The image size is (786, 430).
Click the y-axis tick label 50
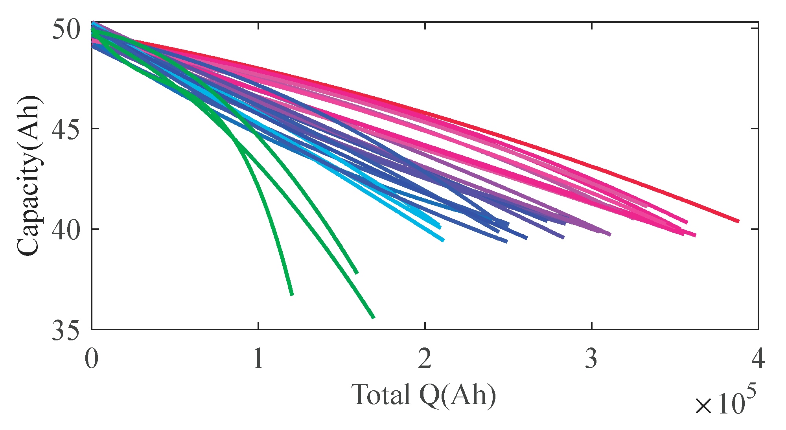click(x=66, y=29)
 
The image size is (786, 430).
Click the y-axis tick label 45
click(x=66, y=129)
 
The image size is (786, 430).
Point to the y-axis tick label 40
click(x=66, y=230)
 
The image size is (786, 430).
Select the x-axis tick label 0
click(x=92, y=358)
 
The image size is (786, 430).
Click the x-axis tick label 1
click(x=258, y=358)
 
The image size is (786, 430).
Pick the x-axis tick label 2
click(x=425, y=358)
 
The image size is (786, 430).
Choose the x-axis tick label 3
click(x=591, y=358)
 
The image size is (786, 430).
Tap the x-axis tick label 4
click(x=758, y=358)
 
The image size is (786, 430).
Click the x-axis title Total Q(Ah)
click(x=423, y=395)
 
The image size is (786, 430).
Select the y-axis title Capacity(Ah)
click(x=29, y=175)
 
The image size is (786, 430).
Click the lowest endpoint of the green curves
click(x=374, y=317)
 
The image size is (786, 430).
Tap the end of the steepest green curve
click(x=292, y=295)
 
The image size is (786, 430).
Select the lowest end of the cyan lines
click(x=444, y=241)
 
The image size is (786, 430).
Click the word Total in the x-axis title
click(x=381, y=395)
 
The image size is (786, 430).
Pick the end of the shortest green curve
click(x=292, y=295)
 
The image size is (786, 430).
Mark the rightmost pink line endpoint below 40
click(x=695, y=235)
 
